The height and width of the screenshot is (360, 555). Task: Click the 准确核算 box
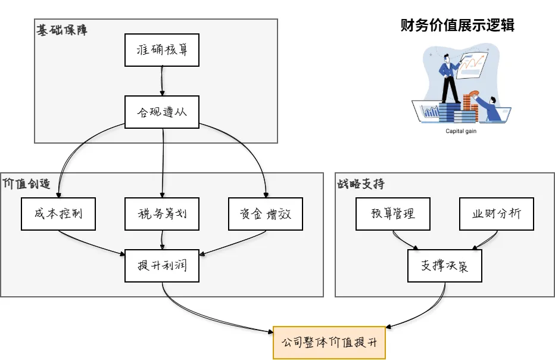pos(162,50)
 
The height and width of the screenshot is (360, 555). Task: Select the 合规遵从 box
pos(162,111)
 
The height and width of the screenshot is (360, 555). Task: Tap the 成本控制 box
pos(58,213)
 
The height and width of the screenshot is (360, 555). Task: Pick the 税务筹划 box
pos(162,213)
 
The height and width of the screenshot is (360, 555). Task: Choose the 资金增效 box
pos(266,213)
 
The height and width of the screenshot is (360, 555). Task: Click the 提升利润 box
pos(162,265)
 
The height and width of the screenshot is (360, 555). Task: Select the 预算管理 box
pos(392,213)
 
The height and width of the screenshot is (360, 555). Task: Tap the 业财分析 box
pos(496,213)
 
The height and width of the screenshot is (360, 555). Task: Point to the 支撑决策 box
pos(444,265)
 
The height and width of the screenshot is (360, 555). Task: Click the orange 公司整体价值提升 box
pos(329,343)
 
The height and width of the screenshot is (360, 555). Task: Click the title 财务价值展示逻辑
pos(457,25)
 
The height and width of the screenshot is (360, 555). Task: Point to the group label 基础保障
pos(62,30)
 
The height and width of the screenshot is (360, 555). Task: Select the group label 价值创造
pos(26,183)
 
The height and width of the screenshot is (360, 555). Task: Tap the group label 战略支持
pos(361,183)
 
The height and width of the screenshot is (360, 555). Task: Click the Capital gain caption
pos(461,132)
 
